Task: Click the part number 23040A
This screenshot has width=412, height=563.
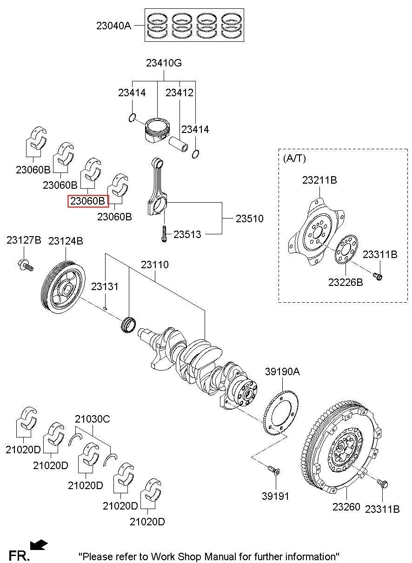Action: (113, 26)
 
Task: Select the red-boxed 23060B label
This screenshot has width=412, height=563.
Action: (88, 201)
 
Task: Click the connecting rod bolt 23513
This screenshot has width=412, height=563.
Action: (164, 234)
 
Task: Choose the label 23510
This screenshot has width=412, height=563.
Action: (249, 218)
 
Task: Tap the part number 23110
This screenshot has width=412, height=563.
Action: (155, 265)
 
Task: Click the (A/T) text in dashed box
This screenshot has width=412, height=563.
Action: (294, 158)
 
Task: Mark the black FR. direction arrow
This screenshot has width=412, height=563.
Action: (38, 544)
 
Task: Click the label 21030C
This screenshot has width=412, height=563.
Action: (92, 419)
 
